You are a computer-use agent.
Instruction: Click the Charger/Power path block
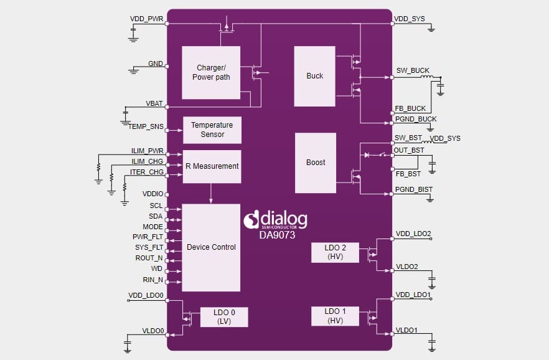click(210, 72)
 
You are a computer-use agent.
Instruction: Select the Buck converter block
click(315, 76)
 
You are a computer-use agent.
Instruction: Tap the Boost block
click(316, 163)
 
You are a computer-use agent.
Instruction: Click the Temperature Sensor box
click(212, 130)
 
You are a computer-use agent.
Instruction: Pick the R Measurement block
click(212, 166)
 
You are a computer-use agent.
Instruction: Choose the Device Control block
click(211, 247)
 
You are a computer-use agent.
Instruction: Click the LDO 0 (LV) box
click(223, 317)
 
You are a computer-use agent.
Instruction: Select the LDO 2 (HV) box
click(335, 253)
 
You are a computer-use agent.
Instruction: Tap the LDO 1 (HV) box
click(335, 316)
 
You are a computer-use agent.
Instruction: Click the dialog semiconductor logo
click(275, 219)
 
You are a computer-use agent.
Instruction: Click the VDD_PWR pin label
click(146, 19)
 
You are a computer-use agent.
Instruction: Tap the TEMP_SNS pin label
click(146, 126)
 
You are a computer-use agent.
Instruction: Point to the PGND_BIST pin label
click(413, 189)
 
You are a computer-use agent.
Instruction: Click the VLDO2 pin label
click(407, 267)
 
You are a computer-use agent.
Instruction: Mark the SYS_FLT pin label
click(149, 247)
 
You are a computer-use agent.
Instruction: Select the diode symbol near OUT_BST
click(367, 154)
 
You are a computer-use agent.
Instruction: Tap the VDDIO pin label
click(152, 194)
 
